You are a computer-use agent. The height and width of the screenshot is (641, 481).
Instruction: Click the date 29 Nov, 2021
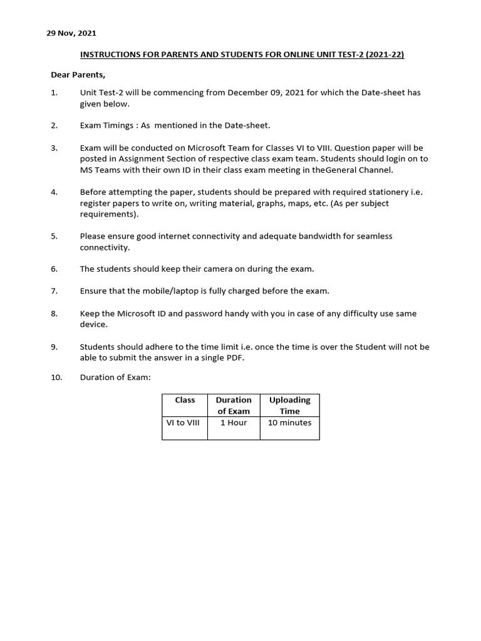click(71, 33)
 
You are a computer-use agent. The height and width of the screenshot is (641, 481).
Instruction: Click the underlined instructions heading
click(242, 55)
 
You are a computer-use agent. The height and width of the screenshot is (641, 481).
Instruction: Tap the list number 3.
click(54, 148)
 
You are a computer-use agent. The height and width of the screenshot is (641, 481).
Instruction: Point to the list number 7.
click(54, 291)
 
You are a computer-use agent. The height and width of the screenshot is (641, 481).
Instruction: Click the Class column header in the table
click(185, 400)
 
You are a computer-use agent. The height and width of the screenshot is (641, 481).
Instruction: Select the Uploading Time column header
click(289, 406)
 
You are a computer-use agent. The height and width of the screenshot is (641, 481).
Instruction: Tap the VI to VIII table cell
click(182, 423)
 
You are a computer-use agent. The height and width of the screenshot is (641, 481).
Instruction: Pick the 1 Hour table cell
click(234, 423)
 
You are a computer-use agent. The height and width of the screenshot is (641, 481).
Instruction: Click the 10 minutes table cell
click(289, 423)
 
